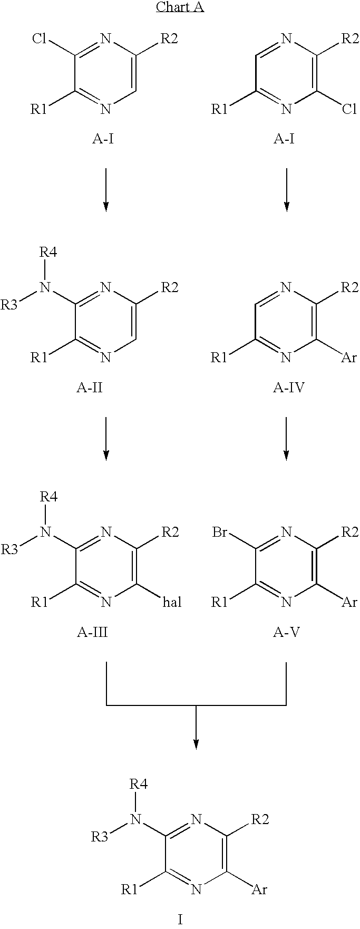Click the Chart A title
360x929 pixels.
point(180,8)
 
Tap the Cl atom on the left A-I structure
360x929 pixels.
point(40,38)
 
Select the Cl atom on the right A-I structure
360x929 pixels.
point(349,109)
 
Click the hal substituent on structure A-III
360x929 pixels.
point(170,602)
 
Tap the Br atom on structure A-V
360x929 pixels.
point(220,532)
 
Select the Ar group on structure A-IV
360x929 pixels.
point(349,358)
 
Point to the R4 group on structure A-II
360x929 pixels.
point(48,252)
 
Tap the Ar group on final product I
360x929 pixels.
point(259,889)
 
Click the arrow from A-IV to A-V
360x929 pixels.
point(286,439)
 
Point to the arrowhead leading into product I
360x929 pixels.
point(196,744)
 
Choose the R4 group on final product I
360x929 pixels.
point(138,783)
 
